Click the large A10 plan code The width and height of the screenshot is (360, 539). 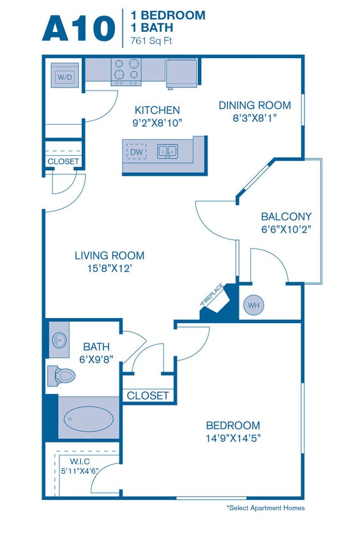[x=79, y=29]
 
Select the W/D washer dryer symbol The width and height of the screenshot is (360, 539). [x=64, y=77]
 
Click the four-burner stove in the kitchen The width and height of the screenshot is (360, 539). [x=126, y=72]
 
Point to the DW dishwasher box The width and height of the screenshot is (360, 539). [x=136, y=152]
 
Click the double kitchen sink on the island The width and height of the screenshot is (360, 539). [x=167, y=152]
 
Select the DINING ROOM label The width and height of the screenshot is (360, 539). [x=254, y=105]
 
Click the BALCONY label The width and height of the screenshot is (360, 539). [x=277, y=216]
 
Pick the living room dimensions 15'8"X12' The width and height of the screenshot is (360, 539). [x=109, y=268]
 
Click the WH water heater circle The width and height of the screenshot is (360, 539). [x=253, y=305]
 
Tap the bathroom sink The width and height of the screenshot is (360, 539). [x=59, y=340]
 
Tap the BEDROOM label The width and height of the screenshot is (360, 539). [x=232, y=425]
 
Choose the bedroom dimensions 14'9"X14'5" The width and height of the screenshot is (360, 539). [x=232, y=438]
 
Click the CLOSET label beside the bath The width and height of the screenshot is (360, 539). [x=147, y=396]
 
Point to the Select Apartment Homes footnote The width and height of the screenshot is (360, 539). [x=265, y=508]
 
